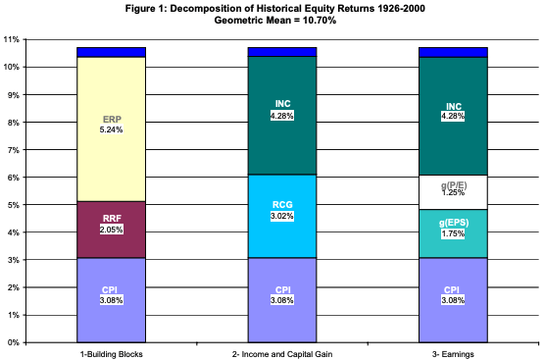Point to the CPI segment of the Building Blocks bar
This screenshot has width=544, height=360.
click(111, 300)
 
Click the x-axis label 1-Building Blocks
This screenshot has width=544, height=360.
click(111, 351)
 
